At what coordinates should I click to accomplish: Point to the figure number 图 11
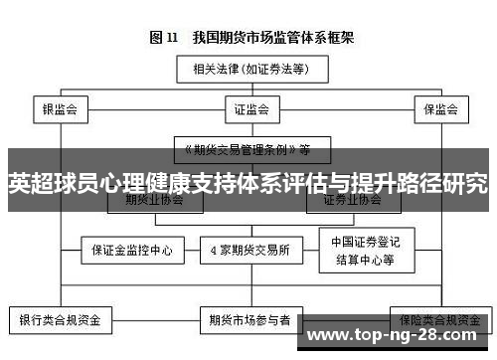tap(163, 38)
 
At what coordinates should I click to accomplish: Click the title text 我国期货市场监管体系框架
tap(267, 38)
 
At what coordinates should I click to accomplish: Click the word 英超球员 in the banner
tap(49, 184)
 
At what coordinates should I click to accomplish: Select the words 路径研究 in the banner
tap(447, 184)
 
